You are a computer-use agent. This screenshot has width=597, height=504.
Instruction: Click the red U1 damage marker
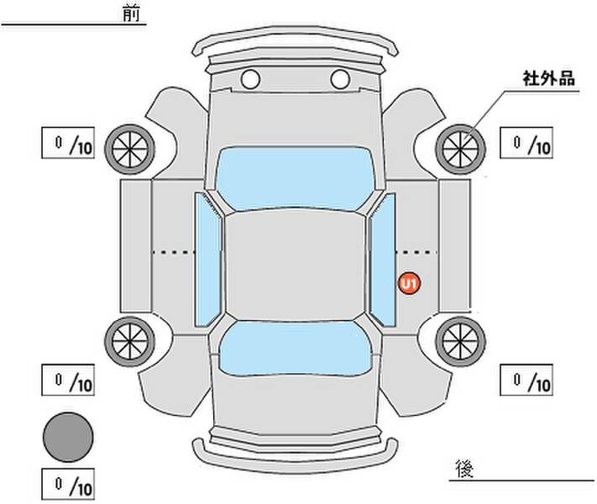[409, 283]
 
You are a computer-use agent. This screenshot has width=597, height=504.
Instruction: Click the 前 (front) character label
[131, 13]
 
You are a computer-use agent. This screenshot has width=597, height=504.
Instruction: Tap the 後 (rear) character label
[464, 469]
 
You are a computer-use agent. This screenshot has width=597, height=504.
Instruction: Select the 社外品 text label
[548, 78]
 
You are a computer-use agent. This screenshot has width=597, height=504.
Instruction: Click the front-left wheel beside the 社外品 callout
[460, 150]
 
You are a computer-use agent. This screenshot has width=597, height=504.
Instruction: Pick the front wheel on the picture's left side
[130, 150]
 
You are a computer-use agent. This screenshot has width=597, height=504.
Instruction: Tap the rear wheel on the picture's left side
[130, 342]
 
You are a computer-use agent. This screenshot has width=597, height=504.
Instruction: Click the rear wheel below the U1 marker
[460, 342]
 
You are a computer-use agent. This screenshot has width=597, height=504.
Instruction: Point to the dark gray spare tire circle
[68, 437]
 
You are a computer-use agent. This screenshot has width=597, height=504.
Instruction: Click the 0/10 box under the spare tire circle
[68, 484]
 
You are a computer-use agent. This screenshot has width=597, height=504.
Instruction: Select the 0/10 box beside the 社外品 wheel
[526, 143]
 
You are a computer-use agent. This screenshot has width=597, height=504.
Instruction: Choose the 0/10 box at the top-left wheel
[68, 143]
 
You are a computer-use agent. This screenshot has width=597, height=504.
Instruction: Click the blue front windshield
[295, 178]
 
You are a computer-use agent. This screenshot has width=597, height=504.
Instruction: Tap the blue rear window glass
[296, 349]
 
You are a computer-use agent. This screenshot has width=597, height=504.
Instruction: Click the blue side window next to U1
[383, 260]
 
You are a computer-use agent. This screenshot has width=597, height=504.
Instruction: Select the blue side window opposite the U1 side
[208, 260]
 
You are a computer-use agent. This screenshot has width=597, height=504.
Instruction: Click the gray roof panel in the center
[295, 265]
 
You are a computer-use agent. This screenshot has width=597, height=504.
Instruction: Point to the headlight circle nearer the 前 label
[250, 79]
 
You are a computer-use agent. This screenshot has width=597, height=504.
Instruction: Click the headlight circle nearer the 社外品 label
[340, 79]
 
